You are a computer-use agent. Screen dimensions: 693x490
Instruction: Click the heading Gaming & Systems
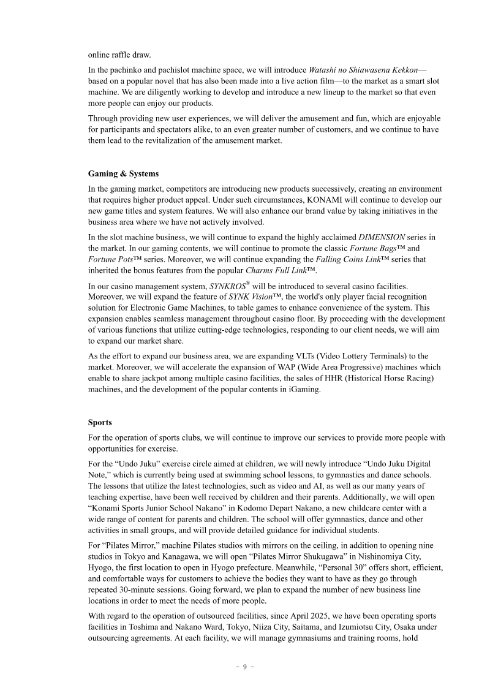(x=123, y=174)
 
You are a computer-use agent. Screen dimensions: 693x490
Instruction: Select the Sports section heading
(x=100, y=423)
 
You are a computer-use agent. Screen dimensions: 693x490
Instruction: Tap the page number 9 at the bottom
(x=244, y=667)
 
